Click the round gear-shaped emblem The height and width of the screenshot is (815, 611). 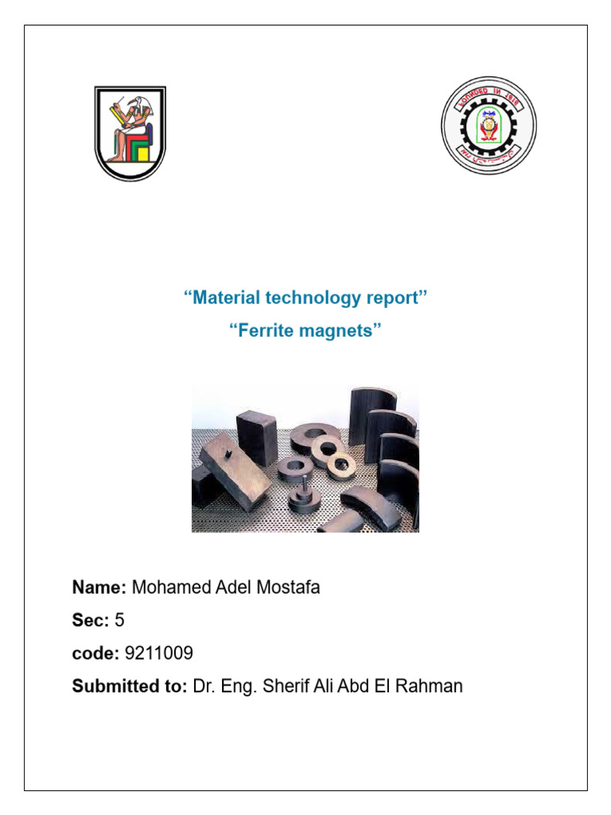[x=488, y=125]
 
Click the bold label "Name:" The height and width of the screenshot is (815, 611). [x=99, y=588]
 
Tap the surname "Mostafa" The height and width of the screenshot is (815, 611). [x=284, y=588]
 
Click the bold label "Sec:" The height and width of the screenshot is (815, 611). [x=91, y=621]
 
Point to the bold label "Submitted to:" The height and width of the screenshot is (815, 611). [x=130, y=686]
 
